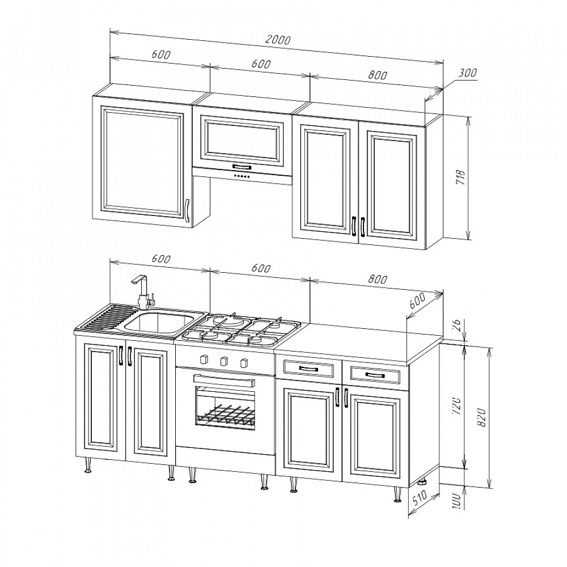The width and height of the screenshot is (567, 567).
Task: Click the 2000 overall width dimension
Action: point(278,39)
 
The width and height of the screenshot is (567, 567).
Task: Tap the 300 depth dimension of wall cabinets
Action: point(468,73)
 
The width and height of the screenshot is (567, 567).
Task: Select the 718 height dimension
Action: point(462,177)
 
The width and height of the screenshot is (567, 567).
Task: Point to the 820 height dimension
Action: point(481,417)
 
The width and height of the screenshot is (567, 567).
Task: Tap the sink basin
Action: point(159,323)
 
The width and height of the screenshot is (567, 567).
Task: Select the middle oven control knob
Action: point(224,360)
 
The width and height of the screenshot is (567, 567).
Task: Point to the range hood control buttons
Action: point(242,176)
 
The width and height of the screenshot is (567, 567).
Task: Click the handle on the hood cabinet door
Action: point(242,167)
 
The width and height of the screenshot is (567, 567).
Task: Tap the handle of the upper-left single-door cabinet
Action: point(187,210)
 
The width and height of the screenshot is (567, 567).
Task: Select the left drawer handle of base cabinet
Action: point(309,369)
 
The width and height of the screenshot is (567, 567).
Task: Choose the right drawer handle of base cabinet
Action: point(375,375)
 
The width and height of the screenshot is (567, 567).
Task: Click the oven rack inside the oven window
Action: point(226,415)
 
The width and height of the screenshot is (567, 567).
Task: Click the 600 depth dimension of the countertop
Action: point(417,300)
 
